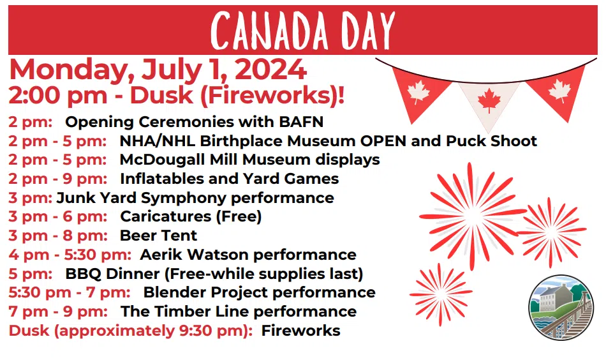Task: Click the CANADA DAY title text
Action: [303, 30]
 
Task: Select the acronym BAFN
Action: [301, 121]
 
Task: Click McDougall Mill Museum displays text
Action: [249, 159]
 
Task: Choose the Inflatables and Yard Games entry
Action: [229, 178]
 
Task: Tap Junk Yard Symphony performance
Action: [195, 197]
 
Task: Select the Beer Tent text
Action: [158, 236]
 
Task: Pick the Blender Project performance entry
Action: [259, 292]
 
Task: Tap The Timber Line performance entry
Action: [239, 311]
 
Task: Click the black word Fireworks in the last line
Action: [300, 331]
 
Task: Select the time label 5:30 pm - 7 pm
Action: [70, 292]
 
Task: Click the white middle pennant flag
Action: [489, 99]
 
